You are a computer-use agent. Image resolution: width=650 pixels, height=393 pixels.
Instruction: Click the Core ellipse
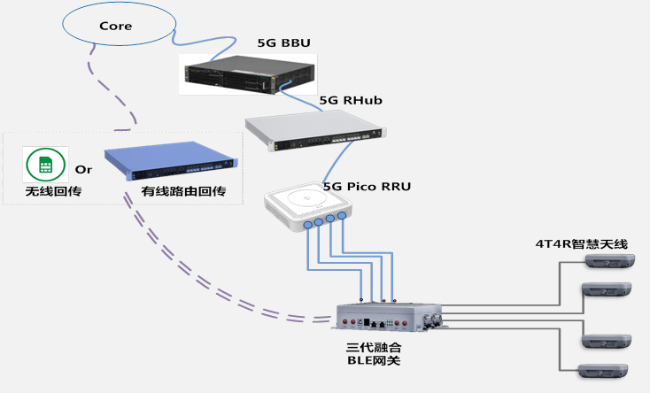click(115, 27)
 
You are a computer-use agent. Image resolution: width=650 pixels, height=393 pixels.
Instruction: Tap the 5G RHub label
click(350, 101)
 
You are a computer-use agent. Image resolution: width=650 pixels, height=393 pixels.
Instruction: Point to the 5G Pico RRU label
click(366, 187)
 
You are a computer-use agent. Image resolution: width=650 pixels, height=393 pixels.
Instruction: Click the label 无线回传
click(47, 191)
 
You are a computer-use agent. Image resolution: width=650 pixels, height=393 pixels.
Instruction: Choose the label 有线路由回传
click(183, 191)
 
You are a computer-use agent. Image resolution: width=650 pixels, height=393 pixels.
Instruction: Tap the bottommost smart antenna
click(603, 370)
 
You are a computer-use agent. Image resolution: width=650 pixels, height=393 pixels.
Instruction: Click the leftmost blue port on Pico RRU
click(307, 227)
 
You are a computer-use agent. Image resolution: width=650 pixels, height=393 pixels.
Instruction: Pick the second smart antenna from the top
click(607, 290)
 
